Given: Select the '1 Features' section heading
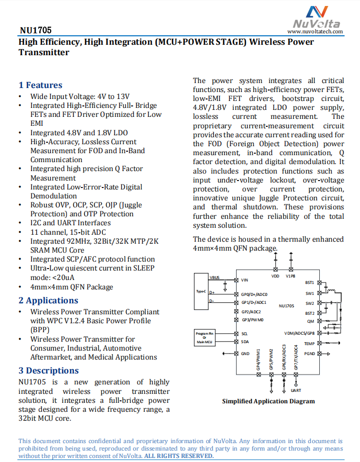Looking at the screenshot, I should click(x=40, y=85).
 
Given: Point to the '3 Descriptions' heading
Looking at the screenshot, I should click(x=49, y=370).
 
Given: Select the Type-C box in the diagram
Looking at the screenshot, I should click(x=201, y=291).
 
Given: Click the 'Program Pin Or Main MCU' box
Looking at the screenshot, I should click(x=205, y=337).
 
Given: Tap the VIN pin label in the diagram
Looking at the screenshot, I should click(x=244, y=280).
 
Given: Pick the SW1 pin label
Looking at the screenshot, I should click(x=309, y=293).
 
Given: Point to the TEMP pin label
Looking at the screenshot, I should click(x=309, y=344).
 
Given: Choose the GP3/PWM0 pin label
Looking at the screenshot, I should click(x=253, y=320).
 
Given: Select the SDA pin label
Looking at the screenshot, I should click(x=245, y=342).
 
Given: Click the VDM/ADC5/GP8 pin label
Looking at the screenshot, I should click(x=299, y=333).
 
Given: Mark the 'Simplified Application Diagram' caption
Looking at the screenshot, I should click(x=268, y=401).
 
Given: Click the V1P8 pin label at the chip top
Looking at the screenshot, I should click(x=290, y=276).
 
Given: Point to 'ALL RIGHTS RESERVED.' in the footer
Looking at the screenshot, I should click(x=179, y=456).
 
